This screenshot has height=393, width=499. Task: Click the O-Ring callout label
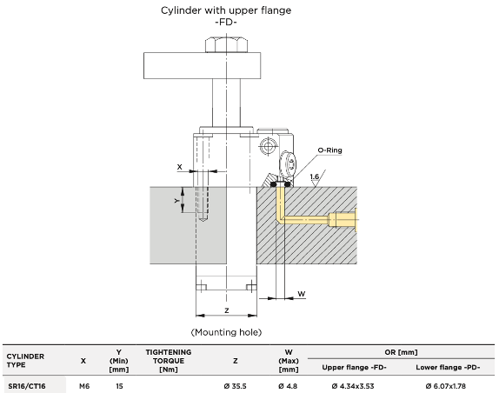(329, 150)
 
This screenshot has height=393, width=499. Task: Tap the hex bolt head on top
(227, 45)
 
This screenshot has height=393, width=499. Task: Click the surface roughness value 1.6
(315, 177)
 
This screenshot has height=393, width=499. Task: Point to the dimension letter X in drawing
(179, 167)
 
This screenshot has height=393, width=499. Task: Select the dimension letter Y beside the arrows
(177, 201)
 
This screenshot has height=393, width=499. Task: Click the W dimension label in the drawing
(302, 293)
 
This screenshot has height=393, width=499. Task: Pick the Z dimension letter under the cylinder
(227, 310)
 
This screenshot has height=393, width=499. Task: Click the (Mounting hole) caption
(226, 332)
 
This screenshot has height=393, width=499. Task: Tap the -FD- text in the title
(226, 23)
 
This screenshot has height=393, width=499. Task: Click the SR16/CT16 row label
(27, 386)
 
